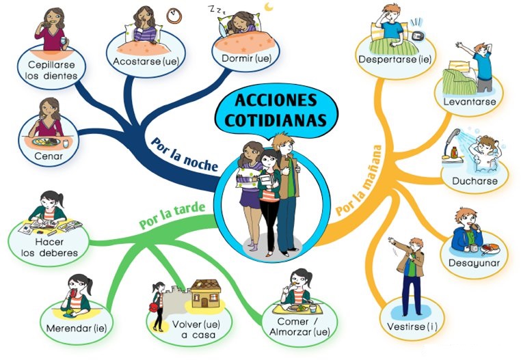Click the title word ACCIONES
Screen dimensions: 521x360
[276, 100]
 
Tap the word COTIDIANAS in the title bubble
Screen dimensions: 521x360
[276, 120]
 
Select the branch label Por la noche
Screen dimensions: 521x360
[185, 154]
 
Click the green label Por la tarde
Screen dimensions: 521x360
[172, 216]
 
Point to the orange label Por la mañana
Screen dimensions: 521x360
[358, 180]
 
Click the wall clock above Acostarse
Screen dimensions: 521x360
[174, 16]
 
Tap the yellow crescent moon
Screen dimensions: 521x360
[269, 7]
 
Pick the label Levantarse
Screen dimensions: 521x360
[469, 102]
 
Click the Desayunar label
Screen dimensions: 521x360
[474, 263]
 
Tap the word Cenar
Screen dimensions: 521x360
[48, 156]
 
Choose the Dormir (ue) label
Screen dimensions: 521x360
[247, 59]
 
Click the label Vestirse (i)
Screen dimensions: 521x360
[412, 327]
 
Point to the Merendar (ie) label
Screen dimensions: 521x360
[77, 328]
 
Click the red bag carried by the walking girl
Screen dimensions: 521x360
[153, 307]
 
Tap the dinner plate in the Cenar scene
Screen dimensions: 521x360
[46, 142]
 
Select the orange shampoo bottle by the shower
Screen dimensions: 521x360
[454, 153]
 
